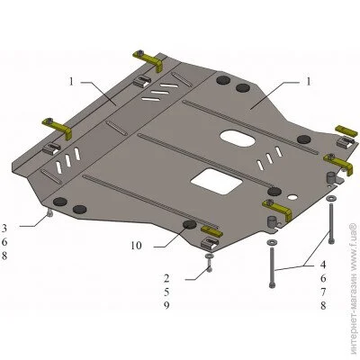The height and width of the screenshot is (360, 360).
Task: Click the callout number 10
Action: (x=136, y=246)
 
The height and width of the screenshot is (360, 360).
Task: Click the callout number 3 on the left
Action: (x=4, y=229)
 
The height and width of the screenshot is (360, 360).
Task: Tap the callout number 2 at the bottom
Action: (x=166, y=279)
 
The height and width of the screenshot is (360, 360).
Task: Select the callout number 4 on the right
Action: (x=323, y=265)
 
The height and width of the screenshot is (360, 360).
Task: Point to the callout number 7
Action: (x=323, y=292)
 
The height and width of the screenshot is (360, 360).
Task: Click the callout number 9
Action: (x=166, y=305)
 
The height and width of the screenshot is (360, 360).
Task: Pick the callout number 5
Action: (x=166, y=292)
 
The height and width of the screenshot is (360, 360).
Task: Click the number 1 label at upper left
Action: (x=71, y=81)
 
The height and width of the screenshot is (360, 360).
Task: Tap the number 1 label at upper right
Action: (x=309, y=82)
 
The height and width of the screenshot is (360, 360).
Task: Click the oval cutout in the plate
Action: (x=238, y=139)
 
